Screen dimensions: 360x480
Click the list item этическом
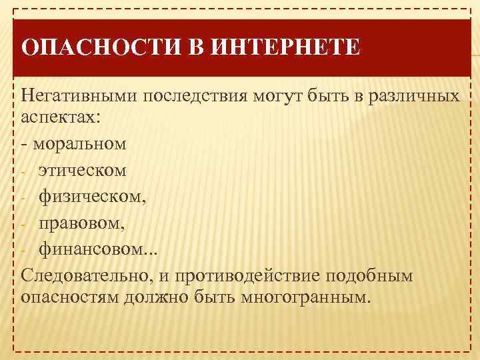click(x=83, y=170)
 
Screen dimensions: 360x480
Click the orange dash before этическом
click(x=23, y=171)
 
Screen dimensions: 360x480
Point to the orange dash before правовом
click(x=23, y=224)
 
